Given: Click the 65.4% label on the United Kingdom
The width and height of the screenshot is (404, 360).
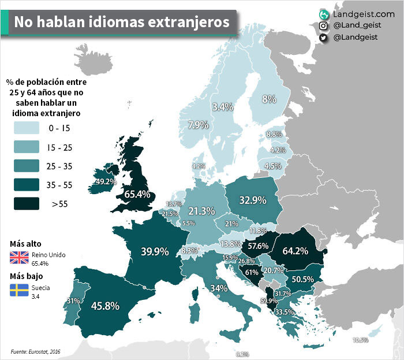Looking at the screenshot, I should pos(137,194).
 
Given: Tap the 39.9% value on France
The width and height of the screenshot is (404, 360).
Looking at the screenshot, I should pos(155,251).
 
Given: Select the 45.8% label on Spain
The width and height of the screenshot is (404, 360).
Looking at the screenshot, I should pos(104,306).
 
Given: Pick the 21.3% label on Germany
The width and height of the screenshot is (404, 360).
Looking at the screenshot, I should pos(201,211).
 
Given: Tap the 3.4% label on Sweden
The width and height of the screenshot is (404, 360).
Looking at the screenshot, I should pos(222,107).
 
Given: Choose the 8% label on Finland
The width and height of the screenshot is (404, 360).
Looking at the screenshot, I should pos(269,99).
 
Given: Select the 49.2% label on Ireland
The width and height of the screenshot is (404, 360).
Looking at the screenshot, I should pos(106,181).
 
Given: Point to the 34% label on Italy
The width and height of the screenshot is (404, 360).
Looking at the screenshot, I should pos(218,288).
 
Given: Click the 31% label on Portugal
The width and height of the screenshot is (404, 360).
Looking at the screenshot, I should pos(73,301).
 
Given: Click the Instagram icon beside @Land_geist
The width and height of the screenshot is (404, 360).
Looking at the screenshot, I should pos(324,26).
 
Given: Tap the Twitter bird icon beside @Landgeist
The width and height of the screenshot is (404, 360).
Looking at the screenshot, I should pos(324,38).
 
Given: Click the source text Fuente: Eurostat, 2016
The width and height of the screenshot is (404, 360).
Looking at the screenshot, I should pos(35,351).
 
